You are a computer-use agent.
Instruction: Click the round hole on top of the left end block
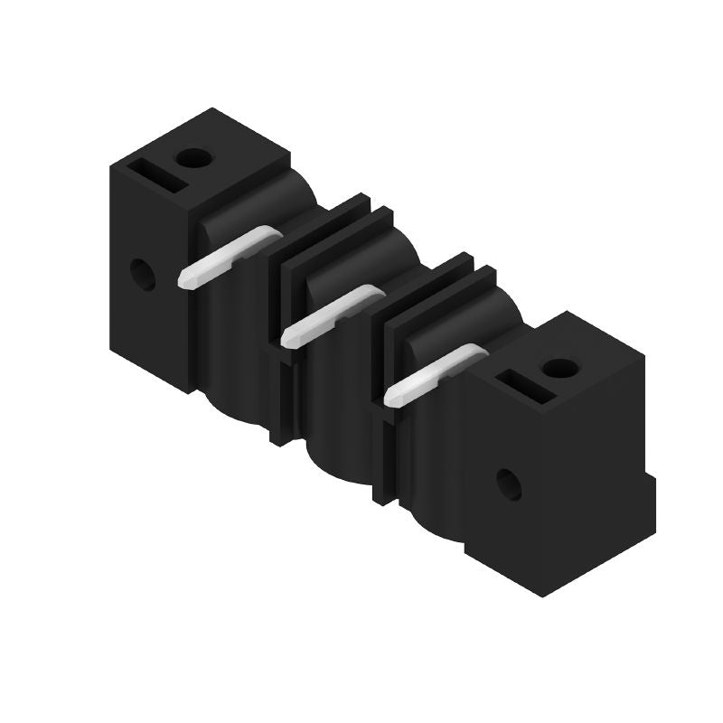point(192,159)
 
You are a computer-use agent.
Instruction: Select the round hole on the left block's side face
point(142,272)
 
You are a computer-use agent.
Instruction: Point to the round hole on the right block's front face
point(509,484)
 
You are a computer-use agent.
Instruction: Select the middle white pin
point(330,314)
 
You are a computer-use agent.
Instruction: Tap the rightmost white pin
point(432,372)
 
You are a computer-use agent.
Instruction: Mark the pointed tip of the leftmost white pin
point(183,282)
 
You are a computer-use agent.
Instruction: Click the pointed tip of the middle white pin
point(286,339)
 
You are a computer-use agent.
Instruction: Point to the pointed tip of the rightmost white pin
point(389,397)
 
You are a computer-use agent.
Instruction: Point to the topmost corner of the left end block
point(213,108)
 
